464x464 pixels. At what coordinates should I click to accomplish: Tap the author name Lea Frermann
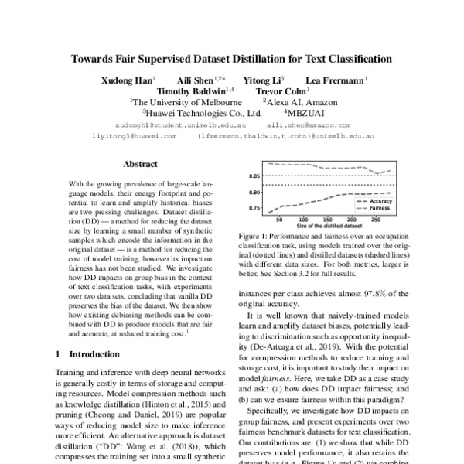pos(335,80)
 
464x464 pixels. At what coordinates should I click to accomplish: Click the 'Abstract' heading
pos(140,164)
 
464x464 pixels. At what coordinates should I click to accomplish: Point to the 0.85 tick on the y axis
pos(254,177)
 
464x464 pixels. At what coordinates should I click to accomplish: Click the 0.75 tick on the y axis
pos(254,209)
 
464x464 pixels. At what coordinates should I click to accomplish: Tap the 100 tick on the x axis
pos(300,220)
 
